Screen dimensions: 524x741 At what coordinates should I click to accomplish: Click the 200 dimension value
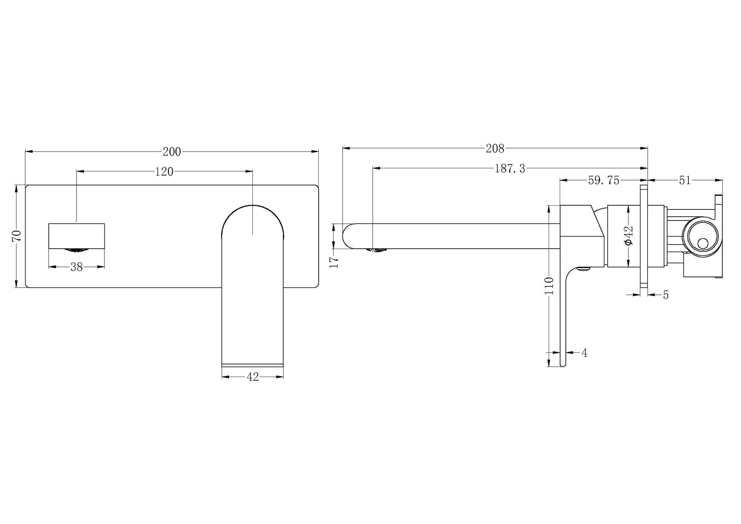[172, 152]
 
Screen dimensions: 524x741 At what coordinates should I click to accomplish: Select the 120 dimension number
[164, 172]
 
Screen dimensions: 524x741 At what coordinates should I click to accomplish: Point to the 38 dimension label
[77, 267]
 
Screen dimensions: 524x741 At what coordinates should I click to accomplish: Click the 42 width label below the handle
[253, 377]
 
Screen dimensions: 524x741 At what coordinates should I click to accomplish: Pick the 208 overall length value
[495, 149]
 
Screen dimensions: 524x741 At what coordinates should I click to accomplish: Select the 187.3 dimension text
[509, 169]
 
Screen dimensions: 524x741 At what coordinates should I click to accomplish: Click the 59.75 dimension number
[604, 181]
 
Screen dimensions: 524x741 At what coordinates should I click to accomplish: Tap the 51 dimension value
[685, 181]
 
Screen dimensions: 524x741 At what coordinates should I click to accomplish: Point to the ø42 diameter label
[629, 236]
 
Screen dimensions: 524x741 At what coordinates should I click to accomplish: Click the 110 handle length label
[549, 286]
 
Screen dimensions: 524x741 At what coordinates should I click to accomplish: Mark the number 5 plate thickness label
[666, 295]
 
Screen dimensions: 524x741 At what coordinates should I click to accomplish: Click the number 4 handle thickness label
[584, 353]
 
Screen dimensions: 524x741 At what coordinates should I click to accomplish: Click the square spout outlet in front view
[77, 236]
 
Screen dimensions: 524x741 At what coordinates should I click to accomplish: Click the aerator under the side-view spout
[377, 250]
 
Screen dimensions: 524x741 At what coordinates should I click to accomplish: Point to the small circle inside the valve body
[703, 244]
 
